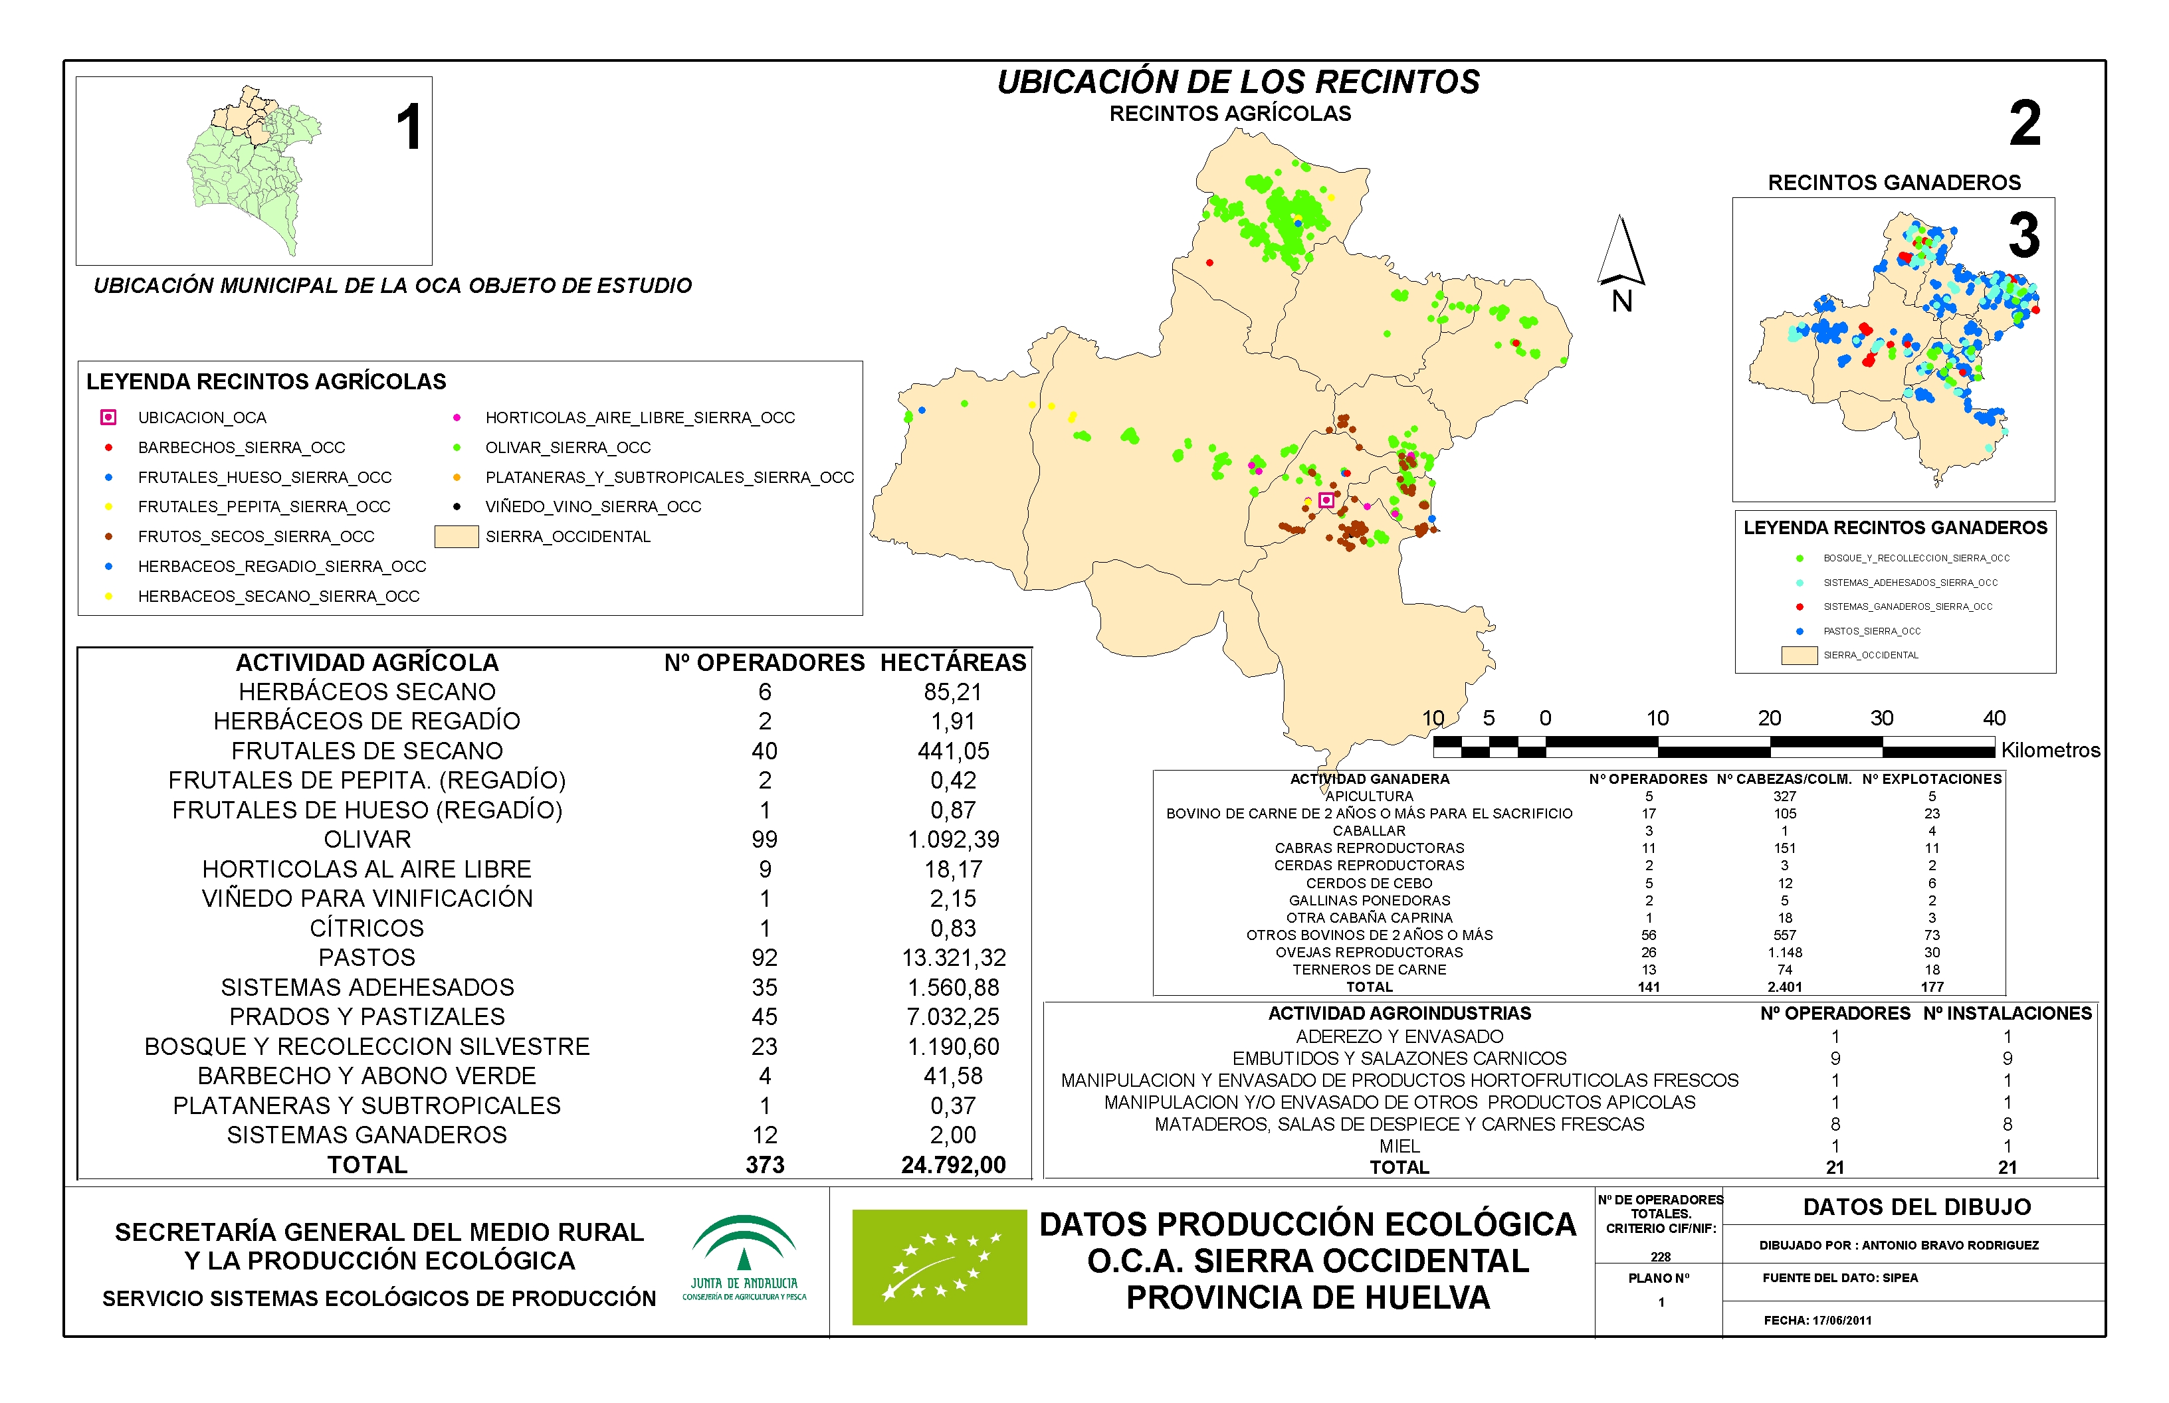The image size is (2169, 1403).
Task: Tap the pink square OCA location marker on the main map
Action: click(x=1326, y=500)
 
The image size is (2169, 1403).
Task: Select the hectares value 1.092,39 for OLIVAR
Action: click(x=954, y=839)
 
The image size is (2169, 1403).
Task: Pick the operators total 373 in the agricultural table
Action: click(x=765, y=1165)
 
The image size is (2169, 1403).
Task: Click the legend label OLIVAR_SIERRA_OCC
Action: click(x=568, y=447)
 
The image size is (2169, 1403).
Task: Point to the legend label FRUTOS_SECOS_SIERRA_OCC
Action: click(x=256, y=537)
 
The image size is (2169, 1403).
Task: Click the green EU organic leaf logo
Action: click(x=939, y=1266)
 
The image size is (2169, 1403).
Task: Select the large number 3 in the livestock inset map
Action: click(x=2023, y=235)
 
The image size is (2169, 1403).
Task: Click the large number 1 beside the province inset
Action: click(x=409, y=127)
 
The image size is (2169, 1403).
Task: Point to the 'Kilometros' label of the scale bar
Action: click(x=2051, y=750)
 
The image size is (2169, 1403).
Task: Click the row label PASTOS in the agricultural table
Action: click(x=367, y=957)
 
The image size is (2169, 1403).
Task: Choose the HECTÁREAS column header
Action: click(x=954, y=662)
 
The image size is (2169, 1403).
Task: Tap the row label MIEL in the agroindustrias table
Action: click(x=1399, y=1146)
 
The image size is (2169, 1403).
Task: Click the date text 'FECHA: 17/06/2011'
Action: click(x=1817, y=1320)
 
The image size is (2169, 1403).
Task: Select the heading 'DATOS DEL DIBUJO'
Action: click(x=1916, y=1207)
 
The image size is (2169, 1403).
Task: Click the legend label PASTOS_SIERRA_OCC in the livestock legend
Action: click(x=1871, y=630)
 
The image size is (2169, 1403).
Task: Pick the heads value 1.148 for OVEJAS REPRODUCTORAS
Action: click(x=1784, y=952)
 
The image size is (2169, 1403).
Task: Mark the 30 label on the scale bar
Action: click(x=1881, y=718)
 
